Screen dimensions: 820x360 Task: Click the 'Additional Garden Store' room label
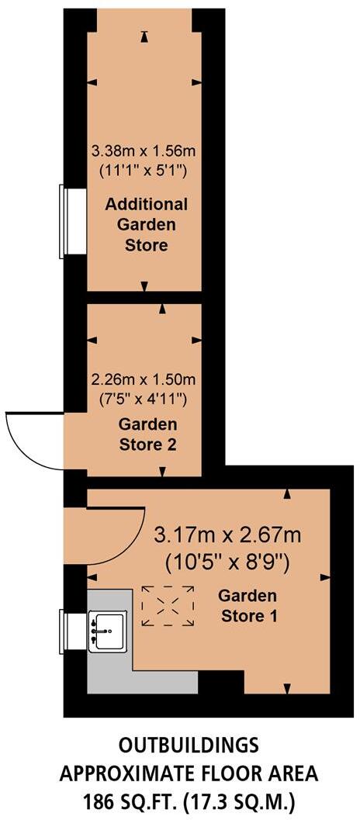click(x=147, y=225)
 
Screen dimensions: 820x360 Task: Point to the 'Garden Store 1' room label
click(x=248, y=606)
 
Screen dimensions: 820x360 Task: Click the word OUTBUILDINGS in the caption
click(x=189, y=746)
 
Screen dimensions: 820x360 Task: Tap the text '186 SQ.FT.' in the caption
click(x=124, y=798)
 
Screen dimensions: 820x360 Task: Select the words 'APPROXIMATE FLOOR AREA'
click(x=189, y=773)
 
